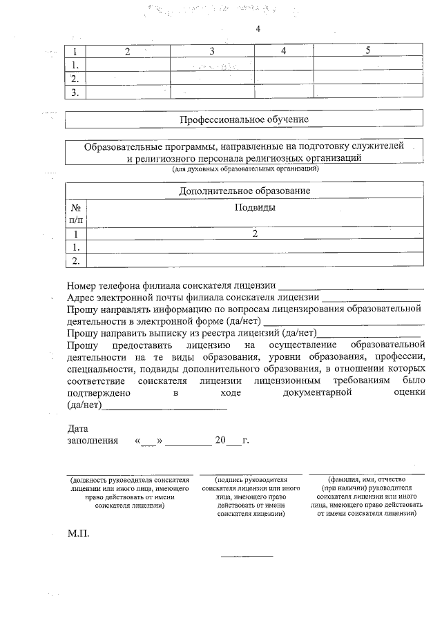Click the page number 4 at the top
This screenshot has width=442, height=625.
click(x=258, y=29)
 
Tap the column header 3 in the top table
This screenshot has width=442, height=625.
click(x=212, y=51)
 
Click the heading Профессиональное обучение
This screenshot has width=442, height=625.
click(x=244, y=119)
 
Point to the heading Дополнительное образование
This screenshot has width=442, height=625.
click(x=244, y=191)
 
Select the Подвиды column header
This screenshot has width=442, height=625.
click(x=255, y=207)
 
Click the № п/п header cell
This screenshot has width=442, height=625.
click(x=75, y=213)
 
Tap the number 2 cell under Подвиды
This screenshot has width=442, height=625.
click(x=255, y=234)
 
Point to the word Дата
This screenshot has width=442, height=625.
click(x=78, y=429)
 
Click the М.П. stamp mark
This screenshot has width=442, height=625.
click(x=78, y=535)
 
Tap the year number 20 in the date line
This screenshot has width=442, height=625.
click(x=220, y=440)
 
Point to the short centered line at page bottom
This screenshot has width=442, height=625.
click(x=247, y=556)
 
